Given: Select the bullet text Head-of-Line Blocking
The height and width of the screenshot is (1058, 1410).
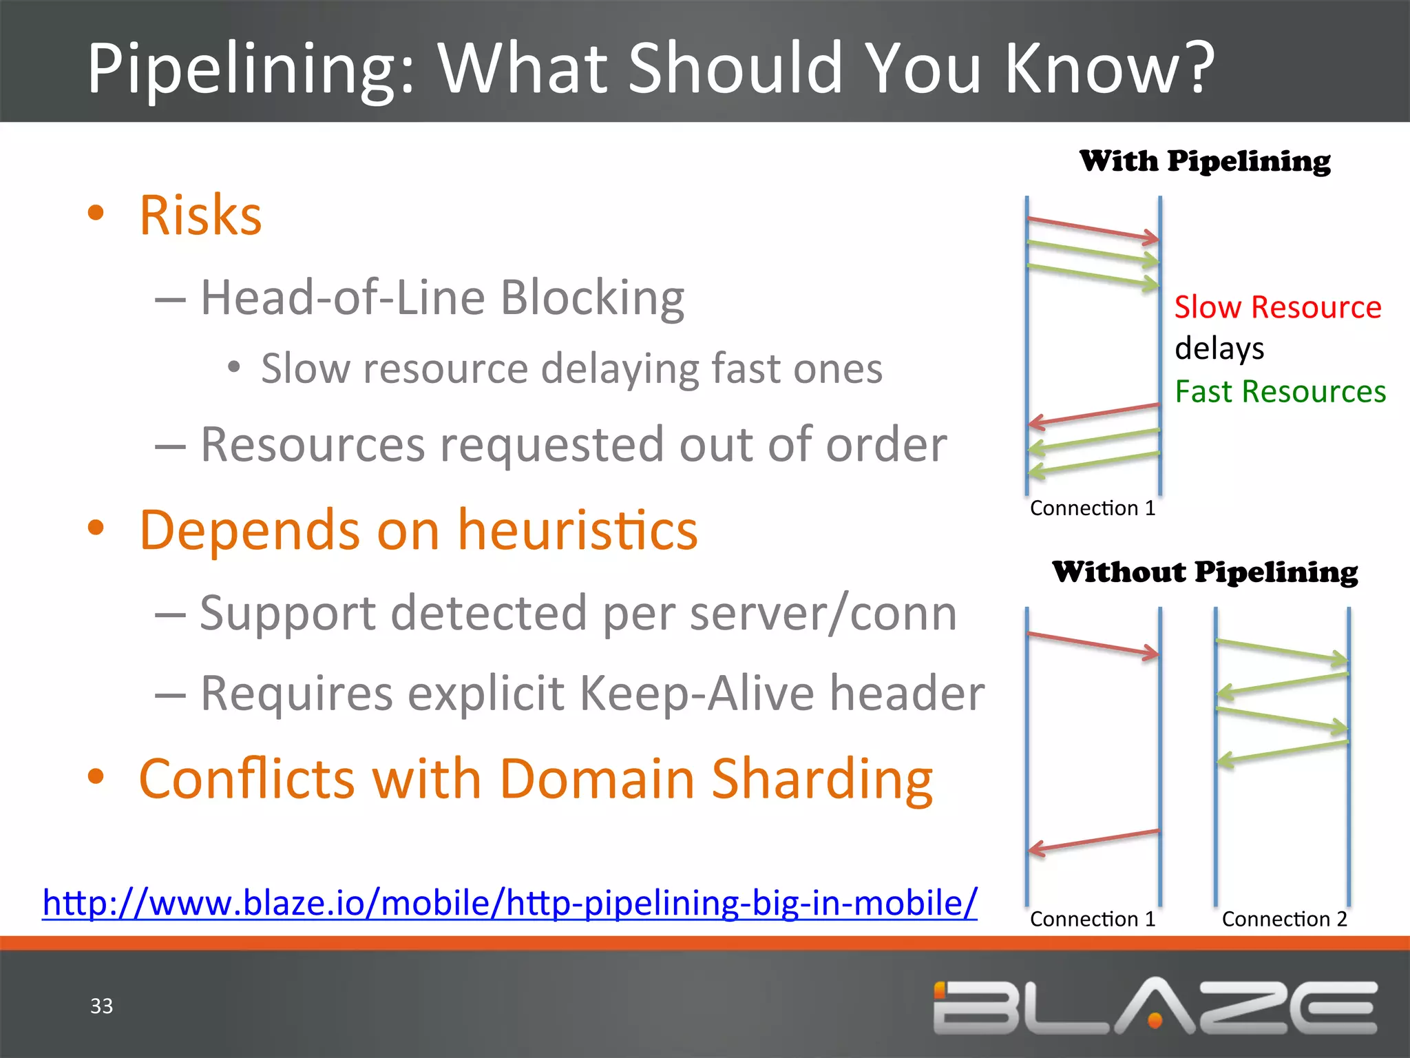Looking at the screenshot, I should (x=442, y=298).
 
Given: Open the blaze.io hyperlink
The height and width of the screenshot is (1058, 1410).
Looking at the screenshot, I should (x=509, y=902).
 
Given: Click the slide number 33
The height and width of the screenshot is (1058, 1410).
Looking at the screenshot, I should (x=101, y=1006).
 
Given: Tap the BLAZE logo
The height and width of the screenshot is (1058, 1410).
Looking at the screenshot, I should (x=1155, y=1007).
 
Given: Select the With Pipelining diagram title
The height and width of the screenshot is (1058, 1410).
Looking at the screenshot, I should (x=1205, y=161).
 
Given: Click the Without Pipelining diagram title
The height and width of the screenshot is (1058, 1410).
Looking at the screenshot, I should (x=1205, y=572).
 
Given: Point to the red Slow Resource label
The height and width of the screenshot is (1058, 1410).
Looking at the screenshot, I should (x=1278, y=307).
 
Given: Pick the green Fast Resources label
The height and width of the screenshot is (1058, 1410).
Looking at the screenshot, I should (x=1280, y=391).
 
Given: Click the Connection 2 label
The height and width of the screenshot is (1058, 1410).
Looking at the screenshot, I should (x=1284, y=919).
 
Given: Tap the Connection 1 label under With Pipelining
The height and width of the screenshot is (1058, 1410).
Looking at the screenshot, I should (x=1093, y=508).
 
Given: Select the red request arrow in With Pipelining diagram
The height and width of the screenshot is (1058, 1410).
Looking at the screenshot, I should (x=1093, y=229).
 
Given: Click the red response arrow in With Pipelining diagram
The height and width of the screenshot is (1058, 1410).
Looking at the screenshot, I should (x=1093, y=414).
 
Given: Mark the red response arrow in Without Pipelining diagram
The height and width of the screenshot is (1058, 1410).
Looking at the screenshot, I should (x=1093, y=841).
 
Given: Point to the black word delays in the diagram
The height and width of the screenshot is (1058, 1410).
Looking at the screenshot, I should (x=1219, y=349).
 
